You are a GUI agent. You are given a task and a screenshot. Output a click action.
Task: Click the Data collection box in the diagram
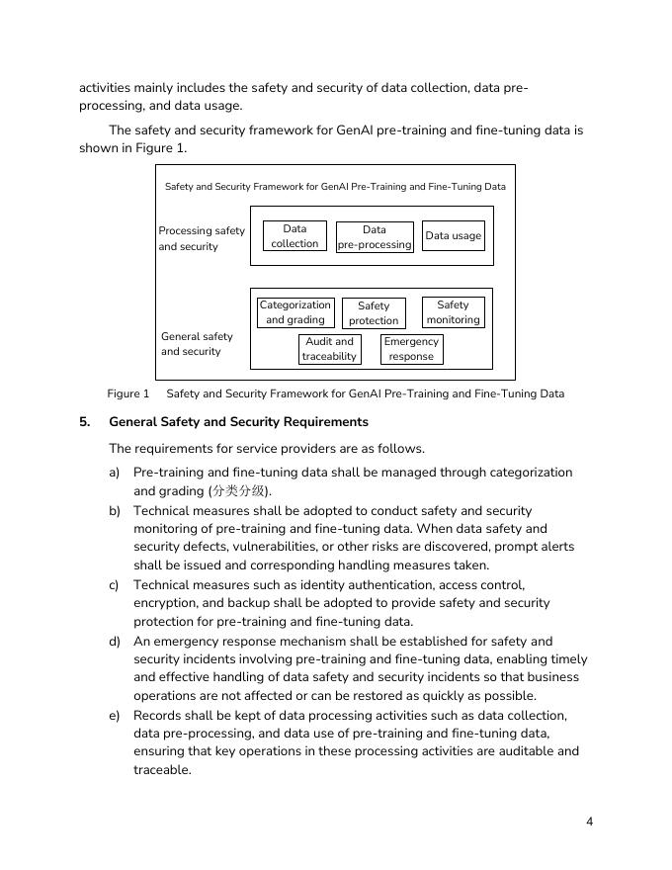tap(294, 236)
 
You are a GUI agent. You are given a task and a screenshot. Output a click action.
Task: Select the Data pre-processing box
tap(375, 237)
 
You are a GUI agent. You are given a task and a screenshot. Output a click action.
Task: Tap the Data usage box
tap(454, 236)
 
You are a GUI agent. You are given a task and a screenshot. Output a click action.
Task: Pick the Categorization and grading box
tap(295, 312)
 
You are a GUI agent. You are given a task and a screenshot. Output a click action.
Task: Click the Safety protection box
tap(374, 313)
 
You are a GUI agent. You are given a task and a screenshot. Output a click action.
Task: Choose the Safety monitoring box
tap(453, 312)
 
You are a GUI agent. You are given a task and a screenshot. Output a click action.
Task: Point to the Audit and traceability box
tap(329, 349)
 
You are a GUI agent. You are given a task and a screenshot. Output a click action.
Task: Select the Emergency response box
tap(411, 349)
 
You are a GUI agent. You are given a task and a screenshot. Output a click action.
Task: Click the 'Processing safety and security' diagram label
tap(202, 238)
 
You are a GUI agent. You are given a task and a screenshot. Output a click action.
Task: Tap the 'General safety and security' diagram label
tap(197, 344)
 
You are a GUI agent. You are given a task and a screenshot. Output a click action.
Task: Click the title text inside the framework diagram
tap(335, 186)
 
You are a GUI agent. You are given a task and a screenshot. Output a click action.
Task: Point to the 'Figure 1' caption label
tap(128, 393)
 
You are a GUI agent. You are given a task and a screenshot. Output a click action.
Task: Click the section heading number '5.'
tap(86, 422)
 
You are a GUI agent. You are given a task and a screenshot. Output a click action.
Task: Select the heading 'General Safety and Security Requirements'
tap(238, 422)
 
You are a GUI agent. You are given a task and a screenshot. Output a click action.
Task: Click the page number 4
tap(590, 822)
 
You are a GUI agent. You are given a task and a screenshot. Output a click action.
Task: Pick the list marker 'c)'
tap(115, 585)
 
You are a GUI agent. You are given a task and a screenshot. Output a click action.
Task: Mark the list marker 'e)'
tap(115, 715)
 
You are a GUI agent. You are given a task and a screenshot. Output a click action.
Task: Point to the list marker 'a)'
tap(115, 473)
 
